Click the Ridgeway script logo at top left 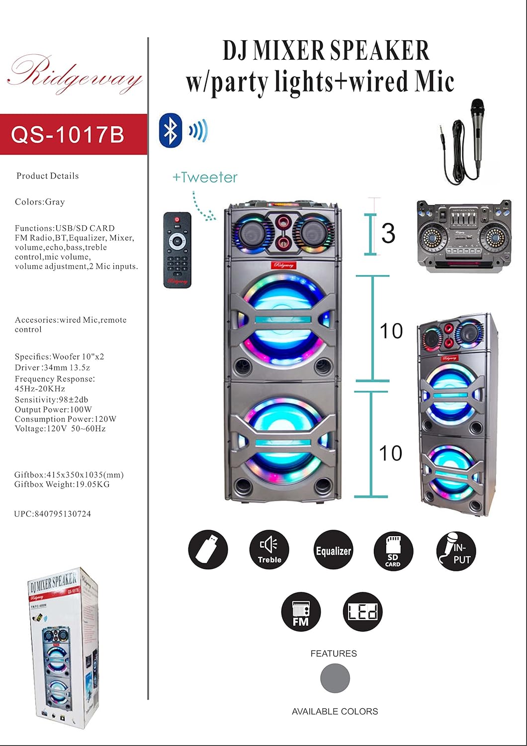(x=75, y=75)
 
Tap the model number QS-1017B (x=68, y=134)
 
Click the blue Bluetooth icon (x=171, y=130)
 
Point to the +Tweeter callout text (x=205, y=178)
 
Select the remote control (x=177, y=250)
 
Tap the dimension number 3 (x=388, y=233)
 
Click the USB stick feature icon (x=208, y=550)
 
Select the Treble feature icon (x=269, y=550)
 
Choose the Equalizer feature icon (x=333, y=550)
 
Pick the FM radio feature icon (x=301, y=612)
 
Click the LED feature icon (x=362, y=612)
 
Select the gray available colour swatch (x=335, y=678)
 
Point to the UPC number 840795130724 (x=53, y=514)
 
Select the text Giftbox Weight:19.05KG (x=62, y=484)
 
